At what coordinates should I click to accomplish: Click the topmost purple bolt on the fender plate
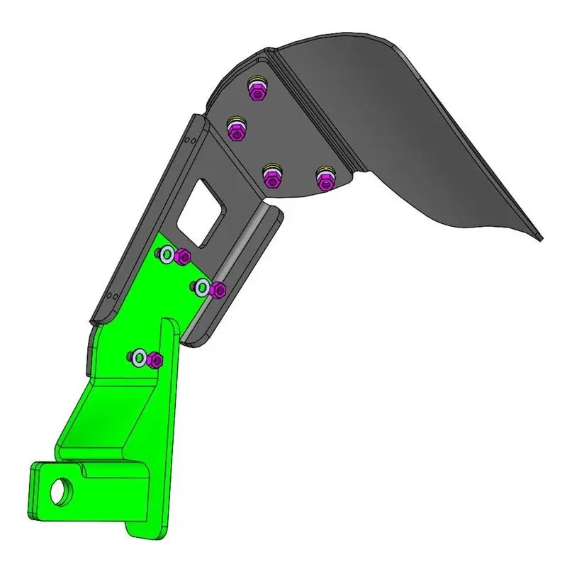click(x=257, y=91)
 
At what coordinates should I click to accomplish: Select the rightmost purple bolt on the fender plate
click(x=325, y=180)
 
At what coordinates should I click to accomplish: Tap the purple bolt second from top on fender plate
click(x=236, y=131)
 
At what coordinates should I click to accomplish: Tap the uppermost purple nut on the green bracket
click(x=183, y=257)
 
